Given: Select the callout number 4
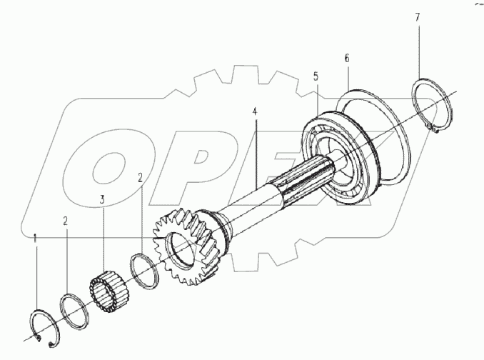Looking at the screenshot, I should (x=254, y=112).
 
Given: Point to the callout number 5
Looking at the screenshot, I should (x=316, y=74).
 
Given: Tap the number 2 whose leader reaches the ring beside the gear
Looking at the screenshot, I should (x=141, y=176).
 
